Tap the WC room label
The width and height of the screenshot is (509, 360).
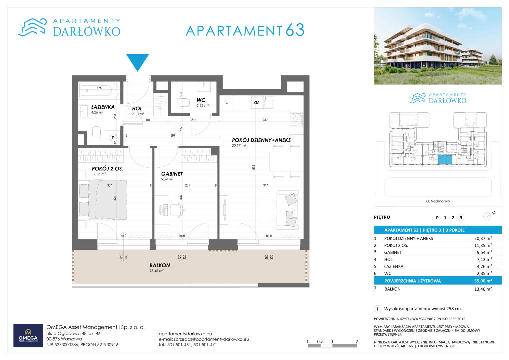click(201, 100)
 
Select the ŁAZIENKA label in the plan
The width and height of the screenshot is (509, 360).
click(103, 107)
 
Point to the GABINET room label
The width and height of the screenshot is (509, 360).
click(172, 174)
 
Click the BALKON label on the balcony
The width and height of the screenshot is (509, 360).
click(160, 265)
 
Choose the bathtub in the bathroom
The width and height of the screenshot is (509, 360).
click(99, 90)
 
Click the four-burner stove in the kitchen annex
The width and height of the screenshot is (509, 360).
click(296, 120)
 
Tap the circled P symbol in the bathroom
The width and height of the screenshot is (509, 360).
click(113, 138)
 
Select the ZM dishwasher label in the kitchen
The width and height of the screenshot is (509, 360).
click(256, 103)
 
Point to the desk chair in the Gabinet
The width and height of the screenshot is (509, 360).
click(177, 210)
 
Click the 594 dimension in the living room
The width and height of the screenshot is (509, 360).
click(254, 167)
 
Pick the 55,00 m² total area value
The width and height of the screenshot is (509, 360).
click(483, 281)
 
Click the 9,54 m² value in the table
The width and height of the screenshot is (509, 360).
click(484, 252)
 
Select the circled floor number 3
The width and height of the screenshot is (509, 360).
click(461, 218)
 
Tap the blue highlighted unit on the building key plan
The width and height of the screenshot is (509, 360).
click(445, 160)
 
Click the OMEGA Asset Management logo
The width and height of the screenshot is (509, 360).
click(28, 335)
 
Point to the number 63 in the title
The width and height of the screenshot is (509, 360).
click(295, 30)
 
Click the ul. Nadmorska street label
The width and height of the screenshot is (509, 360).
click(438, 201)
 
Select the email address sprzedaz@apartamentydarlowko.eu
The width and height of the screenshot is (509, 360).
click(211, 339)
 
